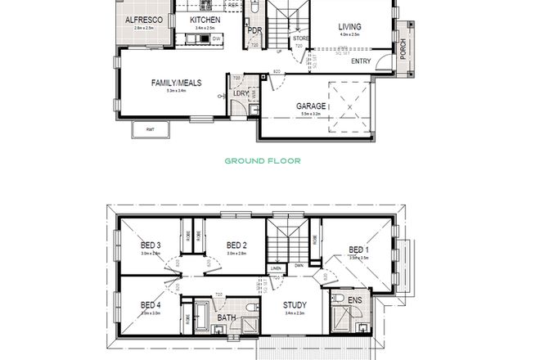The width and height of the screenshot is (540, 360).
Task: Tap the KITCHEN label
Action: point(205,20)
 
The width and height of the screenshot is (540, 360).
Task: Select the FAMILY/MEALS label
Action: point(176,82)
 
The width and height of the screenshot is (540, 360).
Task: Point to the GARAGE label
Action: point(312,106)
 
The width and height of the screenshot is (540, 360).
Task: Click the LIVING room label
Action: point(350,27)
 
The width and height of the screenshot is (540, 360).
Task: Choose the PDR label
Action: point(254,32)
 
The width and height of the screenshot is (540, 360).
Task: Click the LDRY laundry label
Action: point(241,94)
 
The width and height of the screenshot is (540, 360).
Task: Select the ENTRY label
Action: point(361,61)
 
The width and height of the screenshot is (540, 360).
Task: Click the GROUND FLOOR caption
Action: point(263,161)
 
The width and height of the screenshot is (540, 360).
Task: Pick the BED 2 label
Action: point(236,245)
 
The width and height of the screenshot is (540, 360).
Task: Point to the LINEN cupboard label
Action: point(276,267)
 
